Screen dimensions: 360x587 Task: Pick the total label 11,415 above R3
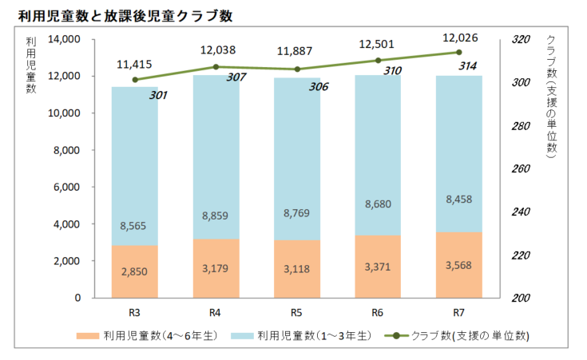point(134,64)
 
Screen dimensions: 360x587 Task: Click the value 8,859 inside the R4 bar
point(216,215)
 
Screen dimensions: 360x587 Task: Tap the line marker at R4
point(216,67)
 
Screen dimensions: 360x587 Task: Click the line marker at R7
point(458,53)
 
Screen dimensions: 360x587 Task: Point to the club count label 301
point(158,95)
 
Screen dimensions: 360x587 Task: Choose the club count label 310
point(391,71)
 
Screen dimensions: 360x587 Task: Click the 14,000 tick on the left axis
point(65,39)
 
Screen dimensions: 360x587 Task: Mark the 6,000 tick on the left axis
point(68,187)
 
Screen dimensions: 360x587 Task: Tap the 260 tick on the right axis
point(520,169)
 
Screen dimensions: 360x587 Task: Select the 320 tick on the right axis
point(520,39)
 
